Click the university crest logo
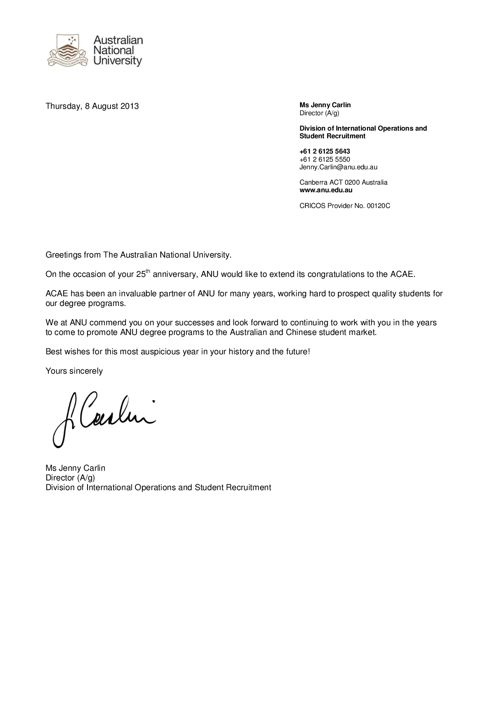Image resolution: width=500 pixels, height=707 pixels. tap(68, 50)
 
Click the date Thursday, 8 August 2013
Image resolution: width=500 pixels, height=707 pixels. tap(92, 106)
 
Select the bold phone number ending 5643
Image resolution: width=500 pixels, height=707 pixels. tap(325, 152)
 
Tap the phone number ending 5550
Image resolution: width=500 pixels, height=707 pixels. tap(325, 159)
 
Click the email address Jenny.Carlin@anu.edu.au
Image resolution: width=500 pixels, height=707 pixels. tap(338, 167)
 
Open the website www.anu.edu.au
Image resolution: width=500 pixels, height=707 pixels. tap(326, 190)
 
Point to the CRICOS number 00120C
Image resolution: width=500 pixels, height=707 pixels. tap(378, 206)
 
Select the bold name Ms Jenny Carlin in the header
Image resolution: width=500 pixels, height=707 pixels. tap(325, 105)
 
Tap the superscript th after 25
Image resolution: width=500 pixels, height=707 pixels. tap(148, 271)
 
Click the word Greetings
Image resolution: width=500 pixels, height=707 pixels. tap(63, 255)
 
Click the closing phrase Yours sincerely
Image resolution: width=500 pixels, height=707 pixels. tap(74, 371)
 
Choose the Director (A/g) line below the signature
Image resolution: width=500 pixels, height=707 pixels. tap(70, 478)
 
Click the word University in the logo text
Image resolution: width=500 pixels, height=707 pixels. tap(118, 61)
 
